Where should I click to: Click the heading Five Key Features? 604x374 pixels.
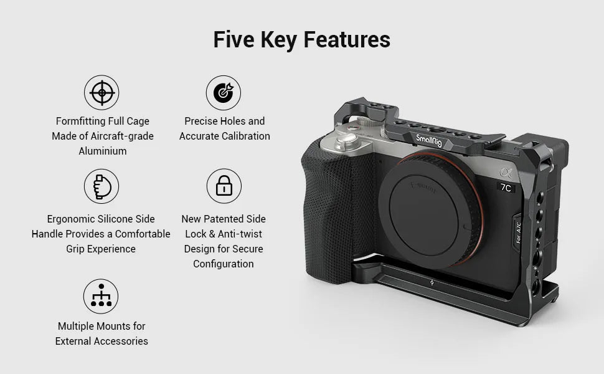tap(301, 39)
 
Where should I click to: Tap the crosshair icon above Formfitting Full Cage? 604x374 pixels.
tap(101, 93)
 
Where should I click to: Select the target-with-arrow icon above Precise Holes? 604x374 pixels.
tap(223, 93)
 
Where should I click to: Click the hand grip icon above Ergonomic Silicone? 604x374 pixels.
tap(101, 186)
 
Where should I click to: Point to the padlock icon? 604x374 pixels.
tap(224, 186)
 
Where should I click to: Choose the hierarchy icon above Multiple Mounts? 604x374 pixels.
tap(101, 296)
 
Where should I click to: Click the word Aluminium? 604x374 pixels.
tap(102, 151)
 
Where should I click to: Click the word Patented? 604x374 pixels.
tap(224, 219)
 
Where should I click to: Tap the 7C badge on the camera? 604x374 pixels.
tap(506, 187)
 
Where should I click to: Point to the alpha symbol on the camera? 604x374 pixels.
tap(504, 173)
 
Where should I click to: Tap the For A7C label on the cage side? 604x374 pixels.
tap(518, 233)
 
